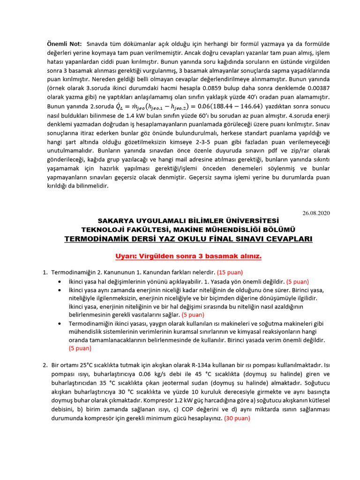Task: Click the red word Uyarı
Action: [127, 256]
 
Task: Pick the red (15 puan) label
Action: [230, 272]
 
